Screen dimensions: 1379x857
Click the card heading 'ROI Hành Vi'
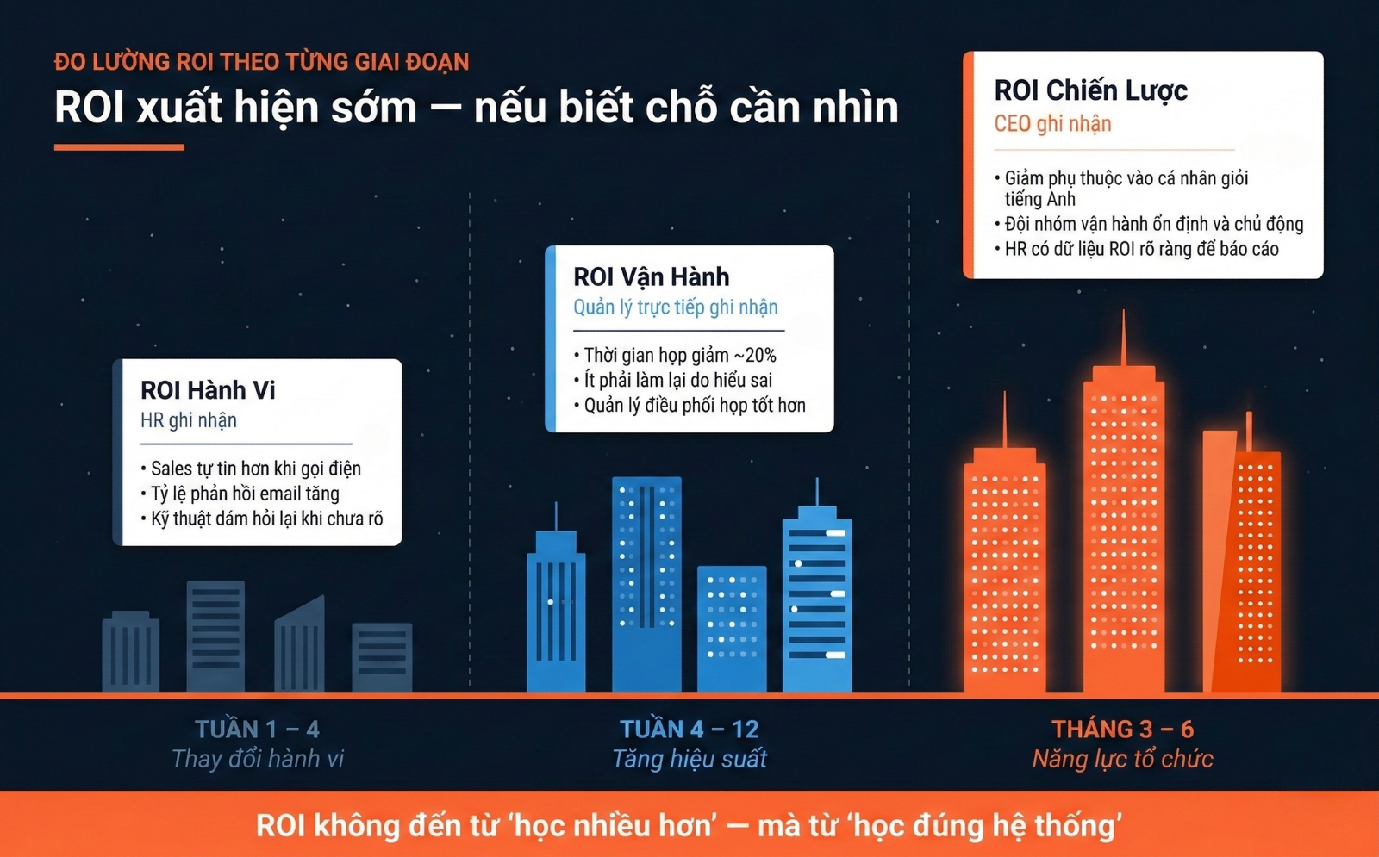208,390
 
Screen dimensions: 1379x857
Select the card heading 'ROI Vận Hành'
651,277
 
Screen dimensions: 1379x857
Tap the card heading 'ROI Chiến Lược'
1090,91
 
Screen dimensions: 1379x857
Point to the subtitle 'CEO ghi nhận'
1052,124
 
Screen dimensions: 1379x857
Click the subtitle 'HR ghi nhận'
189,420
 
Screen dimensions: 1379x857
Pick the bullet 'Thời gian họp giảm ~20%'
675,355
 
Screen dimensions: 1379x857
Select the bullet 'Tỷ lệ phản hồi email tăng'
240,494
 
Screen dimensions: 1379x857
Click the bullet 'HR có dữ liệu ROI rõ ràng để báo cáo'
1137,249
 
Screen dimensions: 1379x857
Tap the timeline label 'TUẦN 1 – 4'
258,730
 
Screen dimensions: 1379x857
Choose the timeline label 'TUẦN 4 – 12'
689,730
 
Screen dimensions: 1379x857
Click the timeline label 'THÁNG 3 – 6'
1122,730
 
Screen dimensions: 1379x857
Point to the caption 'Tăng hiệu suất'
689,759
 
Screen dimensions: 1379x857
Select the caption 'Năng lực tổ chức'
1122,759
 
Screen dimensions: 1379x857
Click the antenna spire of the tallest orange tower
1124,338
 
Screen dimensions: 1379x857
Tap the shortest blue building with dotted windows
732,629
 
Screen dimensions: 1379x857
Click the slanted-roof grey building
300,645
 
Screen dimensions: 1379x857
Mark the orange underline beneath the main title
120,147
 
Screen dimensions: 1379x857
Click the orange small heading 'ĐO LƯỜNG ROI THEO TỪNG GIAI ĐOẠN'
262,62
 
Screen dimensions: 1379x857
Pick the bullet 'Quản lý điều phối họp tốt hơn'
689,406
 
